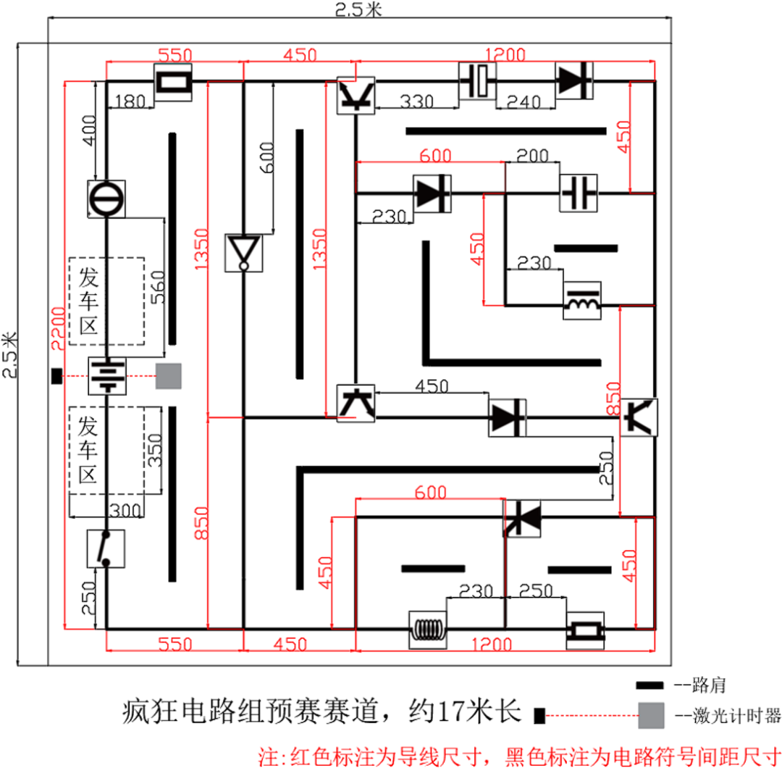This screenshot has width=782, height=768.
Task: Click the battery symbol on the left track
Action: click(106, 376)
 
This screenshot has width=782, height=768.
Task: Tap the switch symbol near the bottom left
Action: click(106, 548)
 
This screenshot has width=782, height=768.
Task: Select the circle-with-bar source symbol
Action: click(106, 199)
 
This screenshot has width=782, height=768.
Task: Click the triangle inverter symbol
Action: click(243, 253)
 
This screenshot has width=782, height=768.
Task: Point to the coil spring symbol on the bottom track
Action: click(427, 630)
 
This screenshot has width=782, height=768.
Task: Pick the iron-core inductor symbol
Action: click(582, 301)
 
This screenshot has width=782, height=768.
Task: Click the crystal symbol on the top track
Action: click(477, 81)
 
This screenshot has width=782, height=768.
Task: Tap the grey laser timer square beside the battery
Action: click(169, 376)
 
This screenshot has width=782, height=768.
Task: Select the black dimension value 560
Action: click(158, 288)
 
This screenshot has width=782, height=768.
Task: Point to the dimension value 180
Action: click(130, 101)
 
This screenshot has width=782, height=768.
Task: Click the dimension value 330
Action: click(416, 101)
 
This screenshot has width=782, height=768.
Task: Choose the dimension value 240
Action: click(524, 102)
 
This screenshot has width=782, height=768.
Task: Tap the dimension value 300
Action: click(125, 510)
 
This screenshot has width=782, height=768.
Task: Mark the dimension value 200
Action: click(532, 156)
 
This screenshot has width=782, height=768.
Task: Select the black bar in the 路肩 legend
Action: click(649, 685)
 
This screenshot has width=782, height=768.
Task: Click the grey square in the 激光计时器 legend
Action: click(651, 716)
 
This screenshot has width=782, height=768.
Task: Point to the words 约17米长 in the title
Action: click(465, 711)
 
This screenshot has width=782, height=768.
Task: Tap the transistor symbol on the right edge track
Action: click(639, 417)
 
